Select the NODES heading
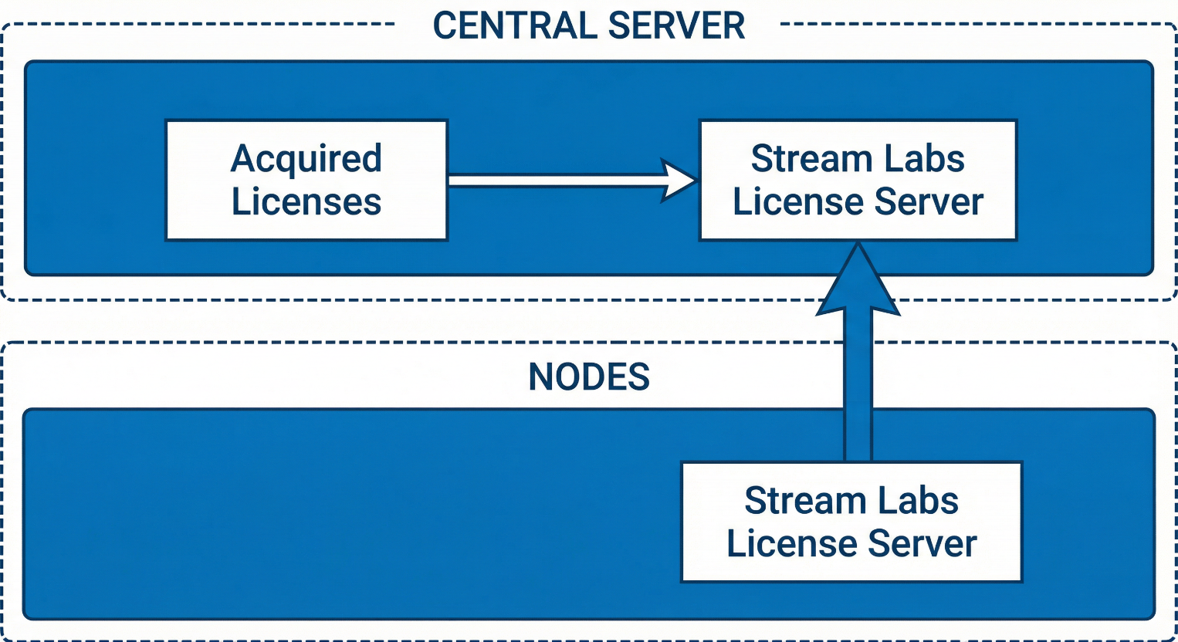pos(589,377)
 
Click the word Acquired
pos(306,160)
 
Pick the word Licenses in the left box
pos(306,202)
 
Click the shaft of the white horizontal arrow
pos(556,181)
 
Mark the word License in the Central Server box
pos(798,202)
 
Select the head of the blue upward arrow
pos(858,282)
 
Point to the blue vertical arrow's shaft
pos(858,386)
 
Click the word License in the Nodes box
pos(792,544)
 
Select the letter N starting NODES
pos(540,377)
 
